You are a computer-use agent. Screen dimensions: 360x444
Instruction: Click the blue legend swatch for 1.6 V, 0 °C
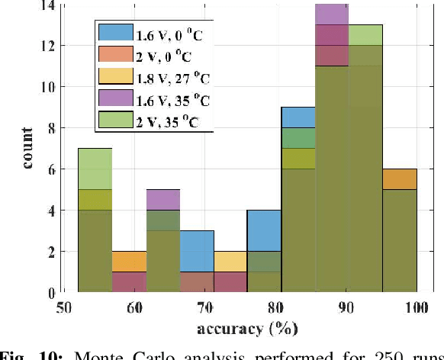114,33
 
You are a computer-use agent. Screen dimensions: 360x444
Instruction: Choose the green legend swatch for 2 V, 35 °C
114,118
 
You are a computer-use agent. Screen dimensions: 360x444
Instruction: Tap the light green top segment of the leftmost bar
95,169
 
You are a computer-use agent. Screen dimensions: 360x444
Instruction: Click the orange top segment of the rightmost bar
400,179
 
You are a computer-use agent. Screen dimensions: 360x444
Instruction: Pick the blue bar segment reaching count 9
298,117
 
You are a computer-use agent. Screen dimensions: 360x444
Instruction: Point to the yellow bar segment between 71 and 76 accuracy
230,262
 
